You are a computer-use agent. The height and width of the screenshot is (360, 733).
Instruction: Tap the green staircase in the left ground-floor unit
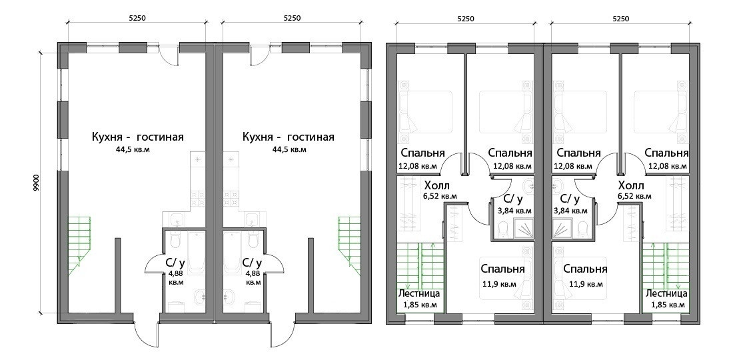[79, 237]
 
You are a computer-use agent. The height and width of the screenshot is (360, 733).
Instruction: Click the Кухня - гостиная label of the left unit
[138, 137]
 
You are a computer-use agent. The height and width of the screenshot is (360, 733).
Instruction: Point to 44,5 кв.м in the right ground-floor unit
[288, 150]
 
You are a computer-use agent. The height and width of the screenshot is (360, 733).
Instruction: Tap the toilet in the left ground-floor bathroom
[175, 239]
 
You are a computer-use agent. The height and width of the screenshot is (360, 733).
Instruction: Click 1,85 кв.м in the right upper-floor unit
[668, 305]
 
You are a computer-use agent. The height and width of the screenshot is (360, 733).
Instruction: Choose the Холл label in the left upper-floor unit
[436, 185]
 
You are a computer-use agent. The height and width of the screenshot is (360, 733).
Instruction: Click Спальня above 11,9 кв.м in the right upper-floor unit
[584, 269]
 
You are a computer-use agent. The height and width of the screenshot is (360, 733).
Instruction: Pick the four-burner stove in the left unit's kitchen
[199, 198]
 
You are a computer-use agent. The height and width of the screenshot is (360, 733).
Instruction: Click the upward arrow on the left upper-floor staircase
[434, 246]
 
